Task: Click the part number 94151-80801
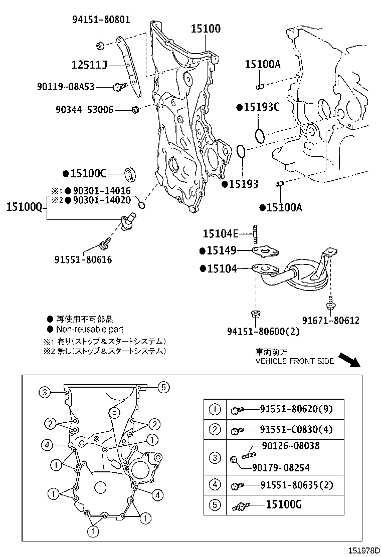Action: (101, 20)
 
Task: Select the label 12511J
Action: (89, 65)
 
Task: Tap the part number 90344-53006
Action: (84, 110)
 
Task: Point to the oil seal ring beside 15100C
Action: (131, 174)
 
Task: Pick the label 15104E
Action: (221, 233)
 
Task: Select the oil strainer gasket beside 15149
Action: (265, 252)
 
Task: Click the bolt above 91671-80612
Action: (330, 303)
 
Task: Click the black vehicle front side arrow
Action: (349, 360)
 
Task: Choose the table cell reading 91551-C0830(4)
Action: (296, 429)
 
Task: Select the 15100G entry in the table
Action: (284, 504)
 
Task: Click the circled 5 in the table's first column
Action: (215, 505)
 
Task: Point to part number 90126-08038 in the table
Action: (291, 445)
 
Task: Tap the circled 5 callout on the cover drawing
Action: (163, 387)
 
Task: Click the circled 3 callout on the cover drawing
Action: (44, 392)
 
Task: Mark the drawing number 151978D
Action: (363, 550)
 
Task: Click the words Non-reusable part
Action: (90, 329)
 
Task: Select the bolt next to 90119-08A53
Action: (120, 86)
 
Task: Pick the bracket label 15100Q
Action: (25, 207)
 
